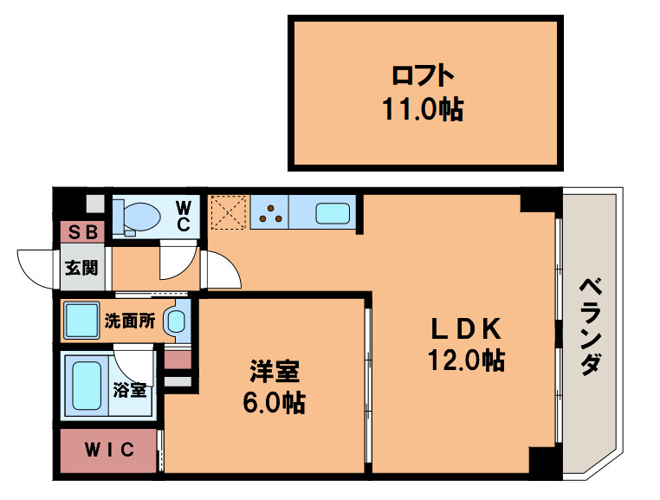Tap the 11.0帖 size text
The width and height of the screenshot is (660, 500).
tap(423, 109)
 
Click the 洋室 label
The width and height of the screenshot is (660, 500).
tap(275, 373)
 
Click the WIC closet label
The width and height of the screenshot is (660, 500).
tap(109, 449)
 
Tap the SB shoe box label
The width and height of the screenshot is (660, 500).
tap(83, 232)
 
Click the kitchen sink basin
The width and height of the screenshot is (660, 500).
tap(333, 212)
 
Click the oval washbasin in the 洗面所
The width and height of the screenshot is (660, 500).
tap(176, 321)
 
